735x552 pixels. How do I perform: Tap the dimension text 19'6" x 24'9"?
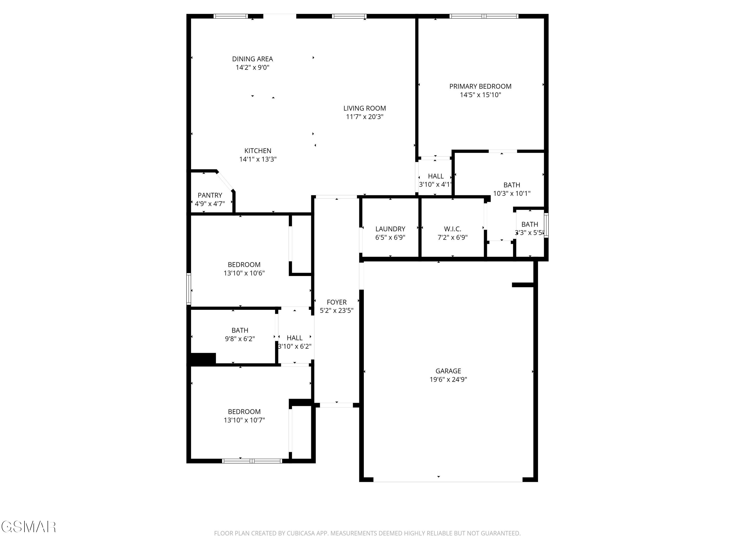pyautogui.click(x=448, y=380)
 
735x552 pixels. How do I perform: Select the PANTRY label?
pyautogui.click(x=210, y=195)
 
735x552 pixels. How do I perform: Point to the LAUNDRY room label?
pyautogui.click(x=390, y=229)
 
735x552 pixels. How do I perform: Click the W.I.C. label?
pyautogui.click(x=452, y=229)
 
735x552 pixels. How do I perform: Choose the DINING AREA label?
pyautogui.click(x=252, y=59)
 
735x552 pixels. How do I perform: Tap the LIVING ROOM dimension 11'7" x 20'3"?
pyautogui.click(x=365, y=117)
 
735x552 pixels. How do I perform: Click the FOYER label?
pyautogui.click(x=336, y=302)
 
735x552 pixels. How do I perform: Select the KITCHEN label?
pyautogui.click(x=257, y=151)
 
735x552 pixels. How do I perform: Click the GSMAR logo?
pyautogui.click(x=28, y=527)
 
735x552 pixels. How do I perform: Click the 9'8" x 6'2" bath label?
pyautogui.click(x=240, y=339)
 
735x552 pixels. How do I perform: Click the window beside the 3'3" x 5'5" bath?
pyautogui.click(x=546, y=225)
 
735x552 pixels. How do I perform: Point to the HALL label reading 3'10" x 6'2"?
pyautogui.click(x=294, y=338)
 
